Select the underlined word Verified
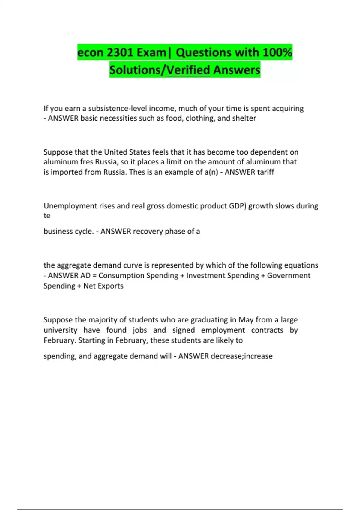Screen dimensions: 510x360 coord(188,70)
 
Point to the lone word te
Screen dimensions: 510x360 coord(47,216)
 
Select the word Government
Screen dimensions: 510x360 coord(289,275)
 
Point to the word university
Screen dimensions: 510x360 coord(60,330)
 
